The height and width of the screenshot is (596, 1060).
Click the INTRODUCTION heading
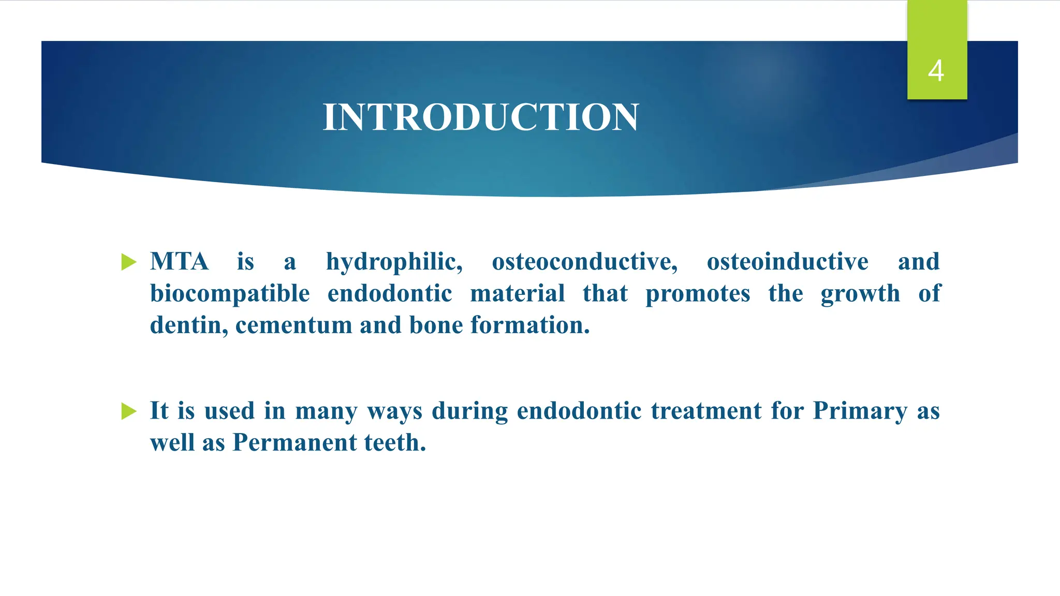click(x=481, y=117)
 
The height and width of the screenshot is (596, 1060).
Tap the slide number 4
click(x=936, y=71)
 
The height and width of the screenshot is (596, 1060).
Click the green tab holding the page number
click(x=937, y=31)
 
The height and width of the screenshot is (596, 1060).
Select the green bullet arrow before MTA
click(x=128, y=262)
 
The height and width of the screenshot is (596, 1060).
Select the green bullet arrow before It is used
click(x=128, y=411)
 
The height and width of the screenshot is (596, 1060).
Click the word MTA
click(x=179, y=261)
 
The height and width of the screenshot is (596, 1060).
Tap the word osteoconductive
click(x=584, y=262)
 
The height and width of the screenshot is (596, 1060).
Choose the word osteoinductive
click(x=787, y=262)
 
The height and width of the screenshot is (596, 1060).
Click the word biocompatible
click(x=230, y=294)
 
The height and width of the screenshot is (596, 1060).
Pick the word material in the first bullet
click(x=517, y=293)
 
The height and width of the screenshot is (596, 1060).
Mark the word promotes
click(x=698, y=294)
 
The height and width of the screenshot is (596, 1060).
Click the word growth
click(x=860, y=294)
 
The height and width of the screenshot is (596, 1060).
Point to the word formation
click(x=530, y=325)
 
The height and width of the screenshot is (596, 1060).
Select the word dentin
click(x=189, y=325)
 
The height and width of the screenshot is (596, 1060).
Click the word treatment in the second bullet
click(x=706, y=411)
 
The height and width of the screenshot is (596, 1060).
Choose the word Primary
click(x=860, y=412)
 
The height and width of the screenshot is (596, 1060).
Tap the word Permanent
click(x=295, y=443)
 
